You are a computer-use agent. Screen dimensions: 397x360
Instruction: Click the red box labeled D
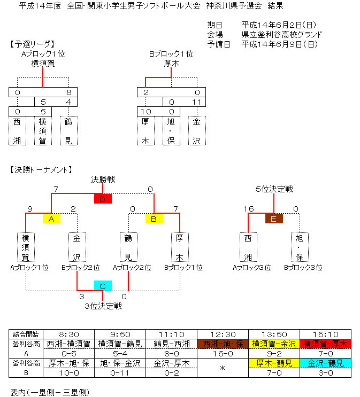tap(103, 199)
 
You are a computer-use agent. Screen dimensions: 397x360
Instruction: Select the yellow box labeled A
tap(51, 219)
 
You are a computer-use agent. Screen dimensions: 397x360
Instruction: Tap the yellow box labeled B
tap(154, 219)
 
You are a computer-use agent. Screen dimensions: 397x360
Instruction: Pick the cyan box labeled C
tap(103, 286)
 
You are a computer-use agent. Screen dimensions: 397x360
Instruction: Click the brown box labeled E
tap(274, 219)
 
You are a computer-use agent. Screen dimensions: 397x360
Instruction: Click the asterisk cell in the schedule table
tap(223, 368)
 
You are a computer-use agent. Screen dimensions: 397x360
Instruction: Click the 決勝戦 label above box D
tap(103, 180)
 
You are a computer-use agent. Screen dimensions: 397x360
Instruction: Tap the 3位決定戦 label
tap(103, 306)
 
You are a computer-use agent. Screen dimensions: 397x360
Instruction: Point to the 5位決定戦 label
tap(274, 189)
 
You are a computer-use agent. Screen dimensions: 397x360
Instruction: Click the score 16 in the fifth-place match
tap(248, 209)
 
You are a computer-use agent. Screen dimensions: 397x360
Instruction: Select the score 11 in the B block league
tap(197, 102)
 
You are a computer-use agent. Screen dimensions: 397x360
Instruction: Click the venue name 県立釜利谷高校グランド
tap(282, 34)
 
